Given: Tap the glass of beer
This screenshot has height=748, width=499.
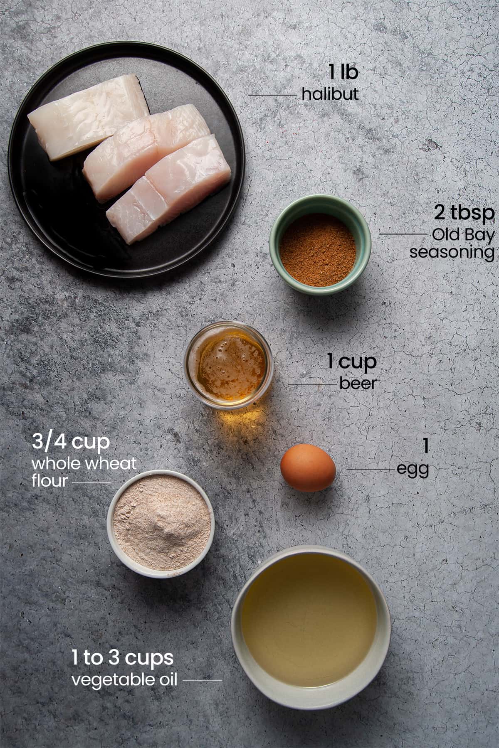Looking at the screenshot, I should pos(228,366).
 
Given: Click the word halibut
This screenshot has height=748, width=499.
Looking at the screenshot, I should pos(330,94).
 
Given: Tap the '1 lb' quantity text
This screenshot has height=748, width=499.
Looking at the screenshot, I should pos(343,73).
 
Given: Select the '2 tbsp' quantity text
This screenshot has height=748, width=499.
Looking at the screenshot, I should pos(464,213).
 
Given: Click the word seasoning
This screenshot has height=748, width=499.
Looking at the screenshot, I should pos(452,252).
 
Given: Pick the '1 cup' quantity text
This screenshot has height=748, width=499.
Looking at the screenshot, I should pos(352,362).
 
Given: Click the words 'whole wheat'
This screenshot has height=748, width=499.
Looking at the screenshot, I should pos(84,463).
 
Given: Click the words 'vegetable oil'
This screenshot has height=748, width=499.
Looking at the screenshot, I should pos(124,680).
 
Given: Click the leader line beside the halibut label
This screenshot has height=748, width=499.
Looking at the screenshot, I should pos(272,95).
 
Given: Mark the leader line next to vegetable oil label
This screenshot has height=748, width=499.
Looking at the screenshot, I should pos(202,681).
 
